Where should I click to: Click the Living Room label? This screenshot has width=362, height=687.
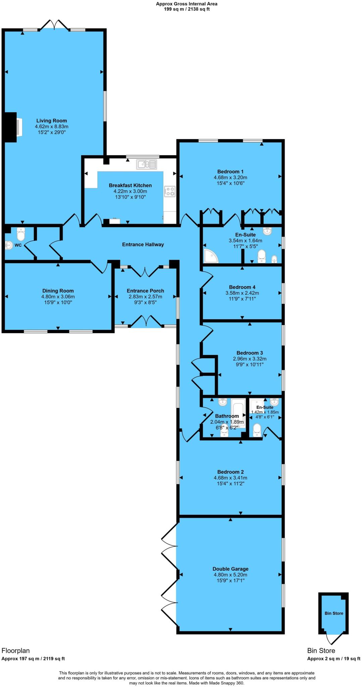click(x=52, y=120)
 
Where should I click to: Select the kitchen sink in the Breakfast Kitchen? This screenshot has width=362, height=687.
click(x=146, y=164)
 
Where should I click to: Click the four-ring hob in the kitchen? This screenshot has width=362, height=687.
click(x=169, y=191)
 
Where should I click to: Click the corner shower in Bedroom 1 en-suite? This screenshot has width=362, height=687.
click(x=211, y=256)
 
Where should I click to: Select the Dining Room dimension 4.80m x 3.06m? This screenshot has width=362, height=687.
click(x=58, y=297)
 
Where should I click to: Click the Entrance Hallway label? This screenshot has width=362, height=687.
click(x=143, y=245)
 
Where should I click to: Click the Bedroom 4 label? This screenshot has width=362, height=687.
click(x=242, y=287)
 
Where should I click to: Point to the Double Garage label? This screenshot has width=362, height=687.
click(x=230, y=569)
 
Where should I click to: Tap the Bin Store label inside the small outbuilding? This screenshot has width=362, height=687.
click(x=334, y=613)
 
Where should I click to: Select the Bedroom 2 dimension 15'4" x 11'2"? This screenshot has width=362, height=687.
click(x=230, y=483)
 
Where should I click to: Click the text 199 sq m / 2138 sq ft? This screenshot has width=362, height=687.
click(x=187, y=9)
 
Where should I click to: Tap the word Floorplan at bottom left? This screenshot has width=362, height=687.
click(x=16, y=650)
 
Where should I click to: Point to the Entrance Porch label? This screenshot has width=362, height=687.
click(x=145, y=291)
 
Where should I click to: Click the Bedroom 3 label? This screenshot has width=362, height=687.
click(x=250, y=353)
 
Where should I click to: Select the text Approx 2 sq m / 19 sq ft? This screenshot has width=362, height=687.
click(x=334, y=658)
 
